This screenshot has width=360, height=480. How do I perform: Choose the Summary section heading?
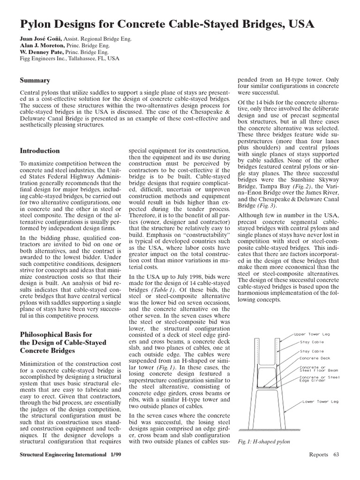(35, 81)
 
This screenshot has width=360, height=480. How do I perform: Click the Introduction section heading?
(40, 151)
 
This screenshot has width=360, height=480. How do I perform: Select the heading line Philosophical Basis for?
(56, 335)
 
